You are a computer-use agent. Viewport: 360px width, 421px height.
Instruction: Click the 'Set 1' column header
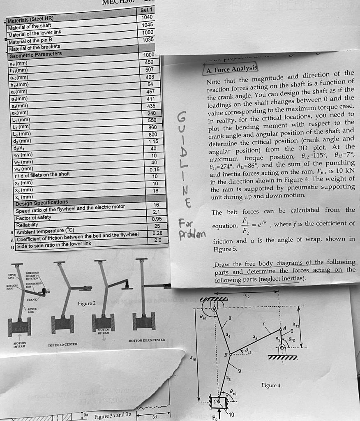146,10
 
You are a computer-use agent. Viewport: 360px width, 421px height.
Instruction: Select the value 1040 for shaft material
147,17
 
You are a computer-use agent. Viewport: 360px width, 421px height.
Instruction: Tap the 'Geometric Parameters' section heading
35,55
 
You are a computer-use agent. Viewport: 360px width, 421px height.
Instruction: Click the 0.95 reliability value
156,219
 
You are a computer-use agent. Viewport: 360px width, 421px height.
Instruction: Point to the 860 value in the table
153,128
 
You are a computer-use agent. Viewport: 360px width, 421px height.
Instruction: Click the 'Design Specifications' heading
42,203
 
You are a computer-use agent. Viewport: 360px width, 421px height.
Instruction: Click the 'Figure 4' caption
271,385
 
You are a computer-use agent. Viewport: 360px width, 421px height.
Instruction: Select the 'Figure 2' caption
86,303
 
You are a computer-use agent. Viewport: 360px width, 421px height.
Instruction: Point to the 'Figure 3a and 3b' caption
112,416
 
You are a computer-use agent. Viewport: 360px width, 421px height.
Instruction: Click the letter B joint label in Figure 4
226,354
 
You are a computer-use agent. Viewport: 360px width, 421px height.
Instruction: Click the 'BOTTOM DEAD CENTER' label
148,340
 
